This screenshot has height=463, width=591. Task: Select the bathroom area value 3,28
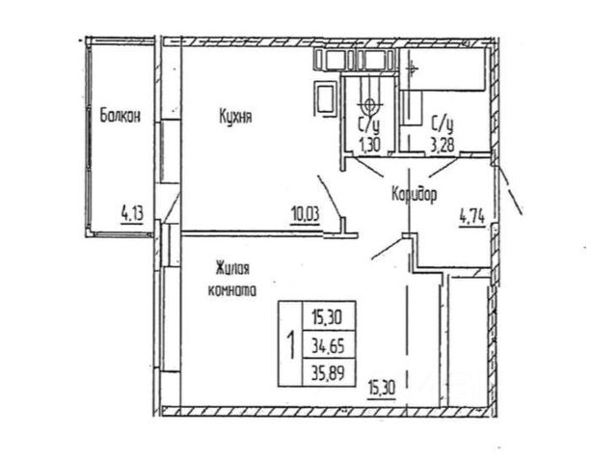[x=443, y=144]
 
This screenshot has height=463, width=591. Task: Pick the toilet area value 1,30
[x=368, y=144]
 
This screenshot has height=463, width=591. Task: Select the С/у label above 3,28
[x=443, y=123]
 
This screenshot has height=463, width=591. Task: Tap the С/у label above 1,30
[x=368, y=123]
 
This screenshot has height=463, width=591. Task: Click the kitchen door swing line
[x=330, y=198]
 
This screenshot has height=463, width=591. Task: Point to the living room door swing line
[x=389, y=249]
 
